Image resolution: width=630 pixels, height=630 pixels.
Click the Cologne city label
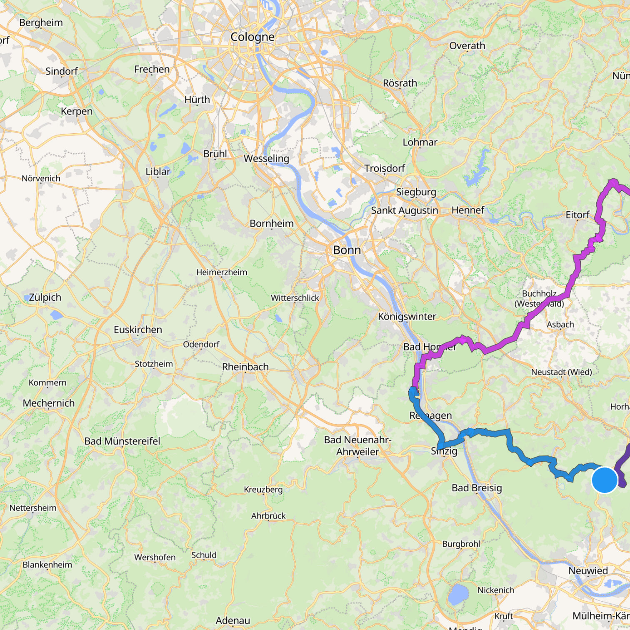point(252,37)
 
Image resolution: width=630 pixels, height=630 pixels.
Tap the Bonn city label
point(347,250)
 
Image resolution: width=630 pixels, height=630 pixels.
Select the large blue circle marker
point(604,480)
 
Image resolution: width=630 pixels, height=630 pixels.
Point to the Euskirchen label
point(138,330)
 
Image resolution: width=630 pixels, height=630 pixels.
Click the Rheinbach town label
point(245,367)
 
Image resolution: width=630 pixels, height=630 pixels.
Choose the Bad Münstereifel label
point(122,441)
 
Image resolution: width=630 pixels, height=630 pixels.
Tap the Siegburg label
point(416,192)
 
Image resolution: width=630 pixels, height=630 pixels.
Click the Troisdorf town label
point(385,168)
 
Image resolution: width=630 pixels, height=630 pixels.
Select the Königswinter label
point(407,316)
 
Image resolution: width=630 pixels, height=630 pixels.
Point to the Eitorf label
point(577,215)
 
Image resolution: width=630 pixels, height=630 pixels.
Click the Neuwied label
point(588,570)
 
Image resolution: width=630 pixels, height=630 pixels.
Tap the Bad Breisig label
point(477,488)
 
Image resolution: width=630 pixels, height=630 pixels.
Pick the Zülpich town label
point(45,297)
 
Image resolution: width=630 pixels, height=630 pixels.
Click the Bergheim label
point(41,23)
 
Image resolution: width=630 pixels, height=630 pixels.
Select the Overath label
point(467,46)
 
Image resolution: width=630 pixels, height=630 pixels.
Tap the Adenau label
point(233,620)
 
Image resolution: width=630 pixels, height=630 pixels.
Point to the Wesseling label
point(266,158)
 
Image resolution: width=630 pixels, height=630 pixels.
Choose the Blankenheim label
point(47,565)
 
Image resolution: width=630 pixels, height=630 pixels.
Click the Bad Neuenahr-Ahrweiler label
point(357,446)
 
